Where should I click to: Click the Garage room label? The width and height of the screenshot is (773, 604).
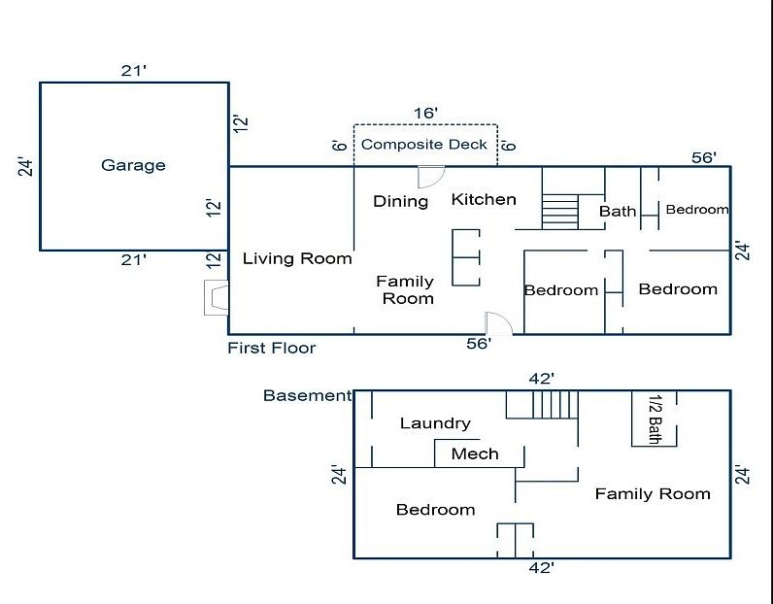click(133, 165)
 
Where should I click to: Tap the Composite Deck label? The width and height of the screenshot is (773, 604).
click(424, 145)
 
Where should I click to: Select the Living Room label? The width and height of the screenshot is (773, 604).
click(297, 258)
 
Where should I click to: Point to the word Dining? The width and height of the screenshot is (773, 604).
click(401, 201)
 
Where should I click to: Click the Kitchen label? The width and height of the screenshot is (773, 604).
click(484, 199)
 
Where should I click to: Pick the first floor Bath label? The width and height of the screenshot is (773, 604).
click(618, 211)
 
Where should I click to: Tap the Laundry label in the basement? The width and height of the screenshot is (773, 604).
click(435, 423)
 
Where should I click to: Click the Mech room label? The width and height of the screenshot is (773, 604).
click(475, 453)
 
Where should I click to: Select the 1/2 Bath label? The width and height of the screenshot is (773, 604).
click(655, 419)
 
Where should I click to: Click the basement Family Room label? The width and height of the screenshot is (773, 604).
click(653, 494)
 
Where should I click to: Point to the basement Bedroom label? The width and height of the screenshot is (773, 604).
click(435, 510)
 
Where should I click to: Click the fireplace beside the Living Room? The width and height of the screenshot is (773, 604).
click(216, 298)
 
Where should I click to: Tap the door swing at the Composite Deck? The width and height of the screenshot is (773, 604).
click(429, 177)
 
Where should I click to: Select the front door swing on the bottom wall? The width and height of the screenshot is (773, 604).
click(497, 323)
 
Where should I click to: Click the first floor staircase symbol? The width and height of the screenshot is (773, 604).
click(558, 211)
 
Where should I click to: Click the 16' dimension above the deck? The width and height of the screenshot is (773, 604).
click(425, 114)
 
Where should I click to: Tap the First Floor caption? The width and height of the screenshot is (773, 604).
click(272, 348)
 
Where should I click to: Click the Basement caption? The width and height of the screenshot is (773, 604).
click(307, 395)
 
